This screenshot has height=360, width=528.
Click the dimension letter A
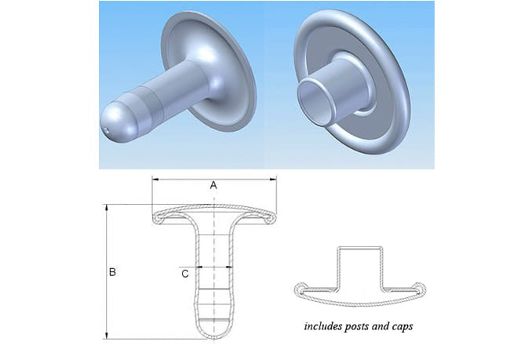213,186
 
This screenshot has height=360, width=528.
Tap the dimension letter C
184,274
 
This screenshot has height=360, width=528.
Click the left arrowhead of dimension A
154,180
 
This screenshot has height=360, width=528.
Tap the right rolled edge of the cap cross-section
421,289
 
